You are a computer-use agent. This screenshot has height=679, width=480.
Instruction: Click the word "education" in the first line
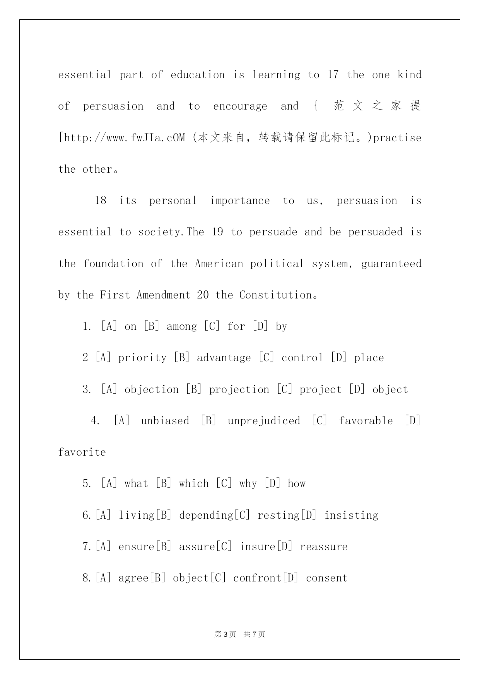pos(197,75)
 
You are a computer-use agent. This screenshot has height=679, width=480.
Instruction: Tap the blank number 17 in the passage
pos(333,75)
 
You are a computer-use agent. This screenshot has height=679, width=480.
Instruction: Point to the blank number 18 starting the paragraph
pos(101,201)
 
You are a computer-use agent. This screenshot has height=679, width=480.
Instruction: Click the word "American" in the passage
pos(219,264)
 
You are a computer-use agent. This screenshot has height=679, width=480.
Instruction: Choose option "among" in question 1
pos(181,327)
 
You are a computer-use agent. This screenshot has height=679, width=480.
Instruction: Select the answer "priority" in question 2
pos(142,358)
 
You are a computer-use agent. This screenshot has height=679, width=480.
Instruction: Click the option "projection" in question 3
pos(239,389)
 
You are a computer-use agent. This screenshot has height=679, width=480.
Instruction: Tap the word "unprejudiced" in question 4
pos(264,421)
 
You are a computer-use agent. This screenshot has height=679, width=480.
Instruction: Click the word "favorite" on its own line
pos(82,452)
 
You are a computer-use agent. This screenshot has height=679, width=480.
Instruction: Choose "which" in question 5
pos(194,484)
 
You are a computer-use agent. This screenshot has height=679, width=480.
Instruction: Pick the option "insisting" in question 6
pos(351,515)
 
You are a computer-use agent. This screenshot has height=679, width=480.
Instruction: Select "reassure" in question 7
pos(323,547)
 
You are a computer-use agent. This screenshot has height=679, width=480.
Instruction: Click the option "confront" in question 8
pos(257,578)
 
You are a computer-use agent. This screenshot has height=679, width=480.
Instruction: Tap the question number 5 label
pos(87,484)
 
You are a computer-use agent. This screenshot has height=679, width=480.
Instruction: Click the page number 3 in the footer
pos(226,634)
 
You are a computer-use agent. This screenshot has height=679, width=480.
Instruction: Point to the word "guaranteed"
pos(391,264)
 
